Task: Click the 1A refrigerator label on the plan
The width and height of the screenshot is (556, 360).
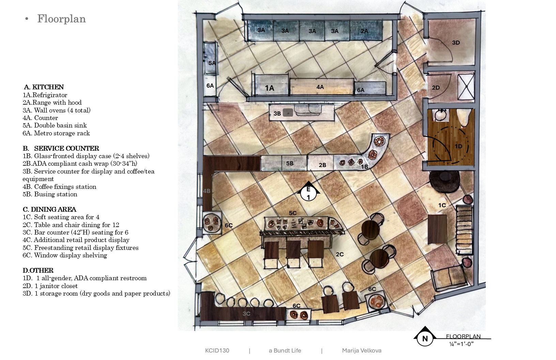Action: tap(269, 88)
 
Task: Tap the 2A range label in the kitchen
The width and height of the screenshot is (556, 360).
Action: tap(364, 31)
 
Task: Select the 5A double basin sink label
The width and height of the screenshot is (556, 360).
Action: tap(212, 63)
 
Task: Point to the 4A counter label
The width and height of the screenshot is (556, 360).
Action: tap(320, 87)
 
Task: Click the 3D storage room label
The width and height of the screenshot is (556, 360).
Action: tap(456, 43)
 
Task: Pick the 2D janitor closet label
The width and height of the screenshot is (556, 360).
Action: tap(436, 88)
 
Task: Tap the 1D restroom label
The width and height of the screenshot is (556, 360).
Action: tap(458, 146)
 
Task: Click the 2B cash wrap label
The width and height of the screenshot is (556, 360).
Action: tap(322, 165)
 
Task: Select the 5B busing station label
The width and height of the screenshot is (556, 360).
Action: tap(290, 163)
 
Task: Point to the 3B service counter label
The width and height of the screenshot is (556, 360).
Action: tap(277, 114)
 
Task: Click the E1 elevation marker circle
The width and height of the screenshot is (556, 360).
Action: tap(308, 193)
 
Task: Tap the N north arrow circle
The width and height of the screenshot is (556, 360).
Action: tap(425, 339)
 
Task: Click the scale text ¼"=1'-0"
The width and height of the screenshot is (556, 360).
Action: tap(461, 344)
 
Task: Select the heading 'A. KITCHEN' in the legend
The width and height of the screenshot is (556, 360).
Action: tap(44, 87)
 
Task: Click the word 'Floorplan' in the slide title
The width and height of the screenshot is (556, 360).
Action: tap(62, 19)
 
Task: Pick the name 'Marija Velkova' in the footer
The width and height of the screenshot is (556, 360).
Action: tap(362, 350)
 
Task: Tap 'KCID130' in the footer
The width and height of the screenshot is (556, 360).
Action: tap(217, 350)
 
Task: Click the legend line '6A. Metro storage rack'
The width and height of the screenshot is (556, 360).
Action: tap(56, 133)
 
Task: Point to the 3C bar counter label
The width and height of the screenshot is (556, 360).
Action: tap(246, 314)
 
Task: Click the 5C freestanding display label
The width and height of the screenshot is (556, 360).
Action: tap(293, 213)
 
